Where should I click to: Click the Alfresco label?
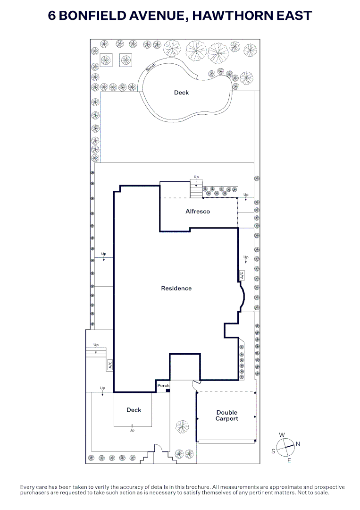pos(198,212)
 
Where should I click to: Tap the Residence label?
pos(176,288)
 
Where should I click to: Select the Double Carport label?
pos(227,416)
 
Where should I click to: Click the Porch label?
pos(163,385)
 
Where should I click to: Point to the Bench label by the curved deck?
pos(151,68)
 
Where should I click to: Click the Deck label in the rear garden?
pos(181,93)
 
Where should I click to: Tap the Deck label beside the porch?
pos(134,410)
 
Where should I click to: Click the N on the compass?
pos(298,443)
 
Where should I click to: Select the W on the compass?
pos(282,435)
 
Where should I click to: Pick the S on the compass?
pos(273,451)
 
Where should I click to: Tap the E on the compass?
pos(289,460)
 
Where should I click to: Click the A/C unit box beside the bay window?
pos(242,275)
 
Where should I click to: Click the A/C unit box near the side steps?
pos(110,365)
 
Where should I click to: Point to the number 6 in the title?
pos(52,16)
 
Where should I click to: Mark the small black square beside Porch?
pos(168,391)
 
